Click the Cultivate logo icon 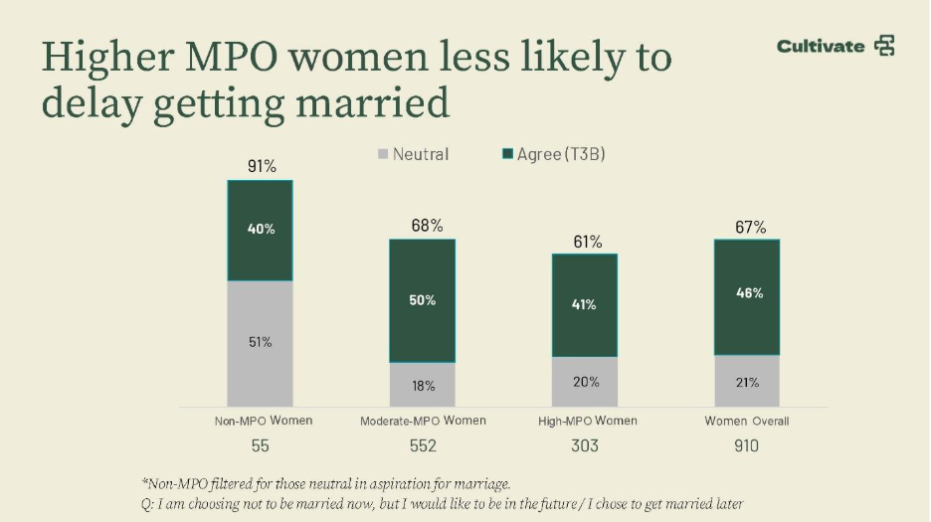point(883,46)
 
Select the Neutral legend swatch point(382,154)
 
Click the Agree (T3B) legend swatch point(507,154)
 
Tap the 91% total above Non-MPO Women point(262,166)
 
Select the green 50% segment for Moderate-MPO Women point(423,300)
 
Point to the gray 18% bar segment point(423,385)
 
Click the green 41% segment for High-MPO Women point(585,305)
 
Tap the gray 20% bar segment point(585,382)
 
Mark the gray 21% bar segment point(747,382)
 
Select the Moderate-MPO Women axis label point(423,421)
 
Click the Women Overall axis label point(747,421)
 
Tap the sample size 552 point(423,445)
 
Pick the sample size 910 point(746,445)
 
